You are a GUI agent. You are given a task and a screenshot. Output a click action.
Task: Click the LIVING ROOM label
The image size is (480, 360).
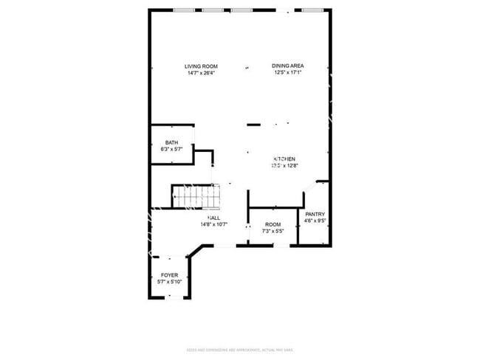[201, 66]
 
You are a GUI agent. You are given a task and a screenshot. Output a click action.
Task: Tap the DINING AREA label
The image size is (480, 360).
[288, 66]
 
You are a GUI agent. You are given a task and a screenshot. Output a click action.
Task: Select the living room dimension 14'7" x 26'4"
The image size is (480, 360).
[201, 73]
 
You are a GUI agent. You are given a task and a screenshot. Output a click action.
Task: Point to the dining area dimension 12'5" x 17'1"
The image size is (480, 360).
[288, 73]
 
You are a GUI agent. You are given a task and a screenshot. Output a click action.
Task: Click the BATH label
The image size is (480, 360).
[171, 142]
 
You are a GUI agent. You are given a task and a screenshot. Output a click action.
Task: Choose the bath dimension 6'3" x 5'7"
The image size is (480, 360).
[171, 149]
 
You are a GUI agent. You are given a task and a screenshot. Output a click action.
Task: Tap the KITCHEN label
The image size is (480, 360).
[285, 159]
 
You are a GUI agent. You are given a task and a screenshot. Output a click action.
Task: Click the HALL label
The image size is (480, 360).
[213, 218]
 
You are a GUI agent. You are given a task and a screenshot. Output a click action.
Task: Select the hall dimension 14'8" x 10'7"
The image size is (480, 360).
[213, 224]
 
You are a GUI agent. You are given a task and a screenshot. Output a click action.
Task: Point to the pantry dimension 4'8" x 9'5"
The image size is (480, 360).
[315, 220]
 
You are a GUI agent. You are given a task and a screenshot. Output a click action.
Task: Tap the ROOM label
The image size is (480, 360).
[273, 224]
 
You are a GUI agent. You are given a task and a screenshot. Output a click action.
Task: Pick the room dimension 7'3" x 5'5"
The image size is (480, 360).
[273, 231]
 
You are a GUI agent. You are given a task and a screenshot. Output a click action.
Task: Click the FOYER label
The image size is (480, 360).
[169, 275]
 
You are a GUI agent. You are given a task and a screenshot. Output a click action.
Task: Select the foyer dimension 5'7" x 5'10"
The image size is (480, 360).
[169, 282]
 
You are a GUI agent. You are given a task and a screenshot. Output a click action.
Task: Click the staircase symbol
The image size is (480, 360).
[196, 196]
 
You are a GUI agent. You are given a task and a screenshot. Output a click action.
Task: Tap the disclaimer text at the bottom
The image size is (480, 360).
[240, 349]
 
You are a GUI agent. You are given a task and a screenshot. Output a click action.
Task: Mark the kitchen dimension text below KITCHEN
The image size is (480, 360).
[285, 166]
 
